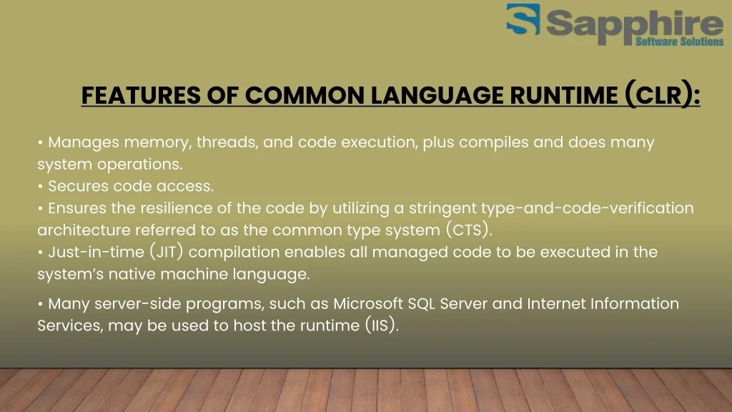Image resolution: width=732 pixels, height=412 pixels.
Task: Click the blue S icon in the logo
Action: click(x=523, y=19)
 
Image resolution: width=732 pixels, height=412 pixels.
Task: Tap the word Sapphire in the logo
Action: click(x=635, y=24)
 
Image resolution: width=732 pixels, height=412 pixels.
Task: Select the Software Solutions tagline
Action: click(x=680, y=41)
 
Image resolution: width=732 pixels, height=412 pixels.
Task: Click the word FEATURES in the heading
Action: click(x=141, y=95)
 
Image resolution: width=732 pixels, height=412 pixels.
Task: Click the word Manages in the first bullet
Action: click(x=84, y=142)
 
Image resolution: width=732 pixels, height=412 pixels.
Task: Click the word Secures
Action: click(x=78, y=186)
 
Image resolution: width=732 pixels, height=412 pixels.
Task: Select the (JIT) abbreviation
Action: click(x=166, y=252)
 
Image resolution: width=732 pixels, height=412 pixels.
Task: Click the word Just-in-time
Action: click(x=97, y=252)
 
